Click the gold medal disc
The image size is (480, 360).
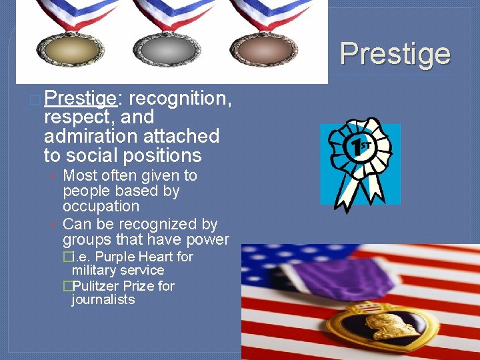tap(69, 50)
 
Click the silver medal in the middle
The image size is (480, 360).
tap(166, 50)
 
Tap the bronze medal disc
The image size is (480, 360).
tap(262, 50)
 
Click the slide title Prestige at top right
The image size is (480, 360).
tap(395, 54)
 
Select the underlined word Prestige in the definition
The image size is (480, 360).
tap(81, 99)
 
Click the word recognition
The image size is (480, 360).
tap(180, 99)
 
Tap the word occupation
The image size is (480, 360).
tap(101, 207)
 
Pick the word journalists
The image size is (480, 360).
tap(103, 300)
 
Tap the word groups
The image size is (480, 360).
tap(87, 239)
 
